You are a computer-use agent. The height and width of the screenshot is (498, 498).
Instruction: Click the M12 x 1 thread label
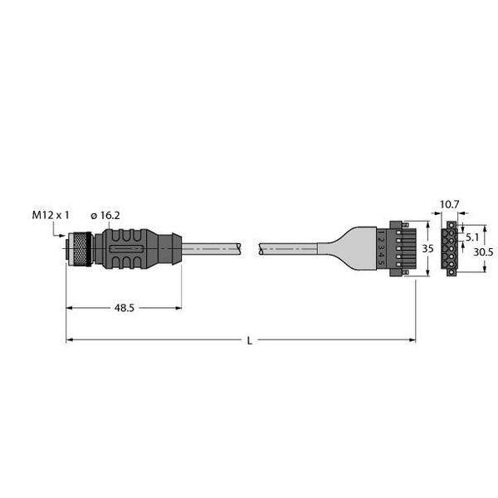point(50,215)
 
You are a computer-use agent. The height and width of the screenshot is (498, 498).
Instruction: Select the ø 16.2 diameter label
point(105,216)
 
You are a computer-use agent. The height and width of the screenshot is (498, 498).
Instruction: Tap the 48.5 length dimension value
point(124,308)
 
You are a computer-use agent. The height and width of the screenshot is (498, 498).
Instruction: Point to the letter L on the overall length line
point(250,341)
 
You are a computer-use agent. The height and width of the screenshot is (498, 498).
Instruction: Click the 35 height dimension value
point(427,248)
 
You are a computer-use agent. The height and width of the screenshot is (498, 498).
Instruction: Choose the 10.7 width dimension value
point(449,204)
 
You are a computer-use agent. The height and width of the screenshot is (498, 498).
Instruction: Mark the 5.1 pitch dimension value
point(471,237)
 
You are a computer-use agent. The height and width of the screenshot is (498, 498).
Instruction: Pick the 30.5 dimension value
point(483,252)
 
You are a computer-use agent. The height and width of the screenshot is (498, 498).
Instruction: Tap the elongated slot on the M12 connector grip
point(126,249)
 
